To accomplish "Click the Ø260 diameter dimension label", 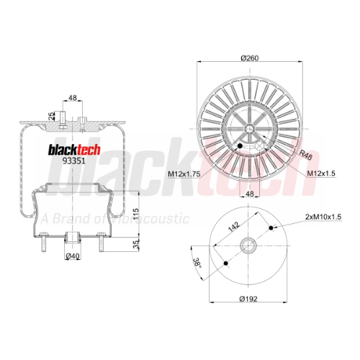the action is (x=250, y=58).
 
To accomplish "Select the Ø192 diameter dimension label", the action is (x=248, y=299).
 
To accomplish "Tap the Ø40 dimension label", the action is (x=73, y=256).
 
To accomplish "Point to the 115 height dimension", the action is (x=136, y=215).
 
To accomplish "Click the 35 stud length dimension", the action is (x=136, y=244).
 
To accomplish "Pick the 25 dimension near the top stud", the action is (x=52, y=116).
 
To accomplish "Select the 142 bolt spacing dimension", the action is (x=233, y=227).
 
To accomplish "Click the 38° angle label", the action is (x=197, y=262).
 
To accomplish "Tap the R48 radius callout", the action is (x=305, y=155).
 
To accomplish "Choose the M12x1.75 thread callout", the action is (x=184, y=174).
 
